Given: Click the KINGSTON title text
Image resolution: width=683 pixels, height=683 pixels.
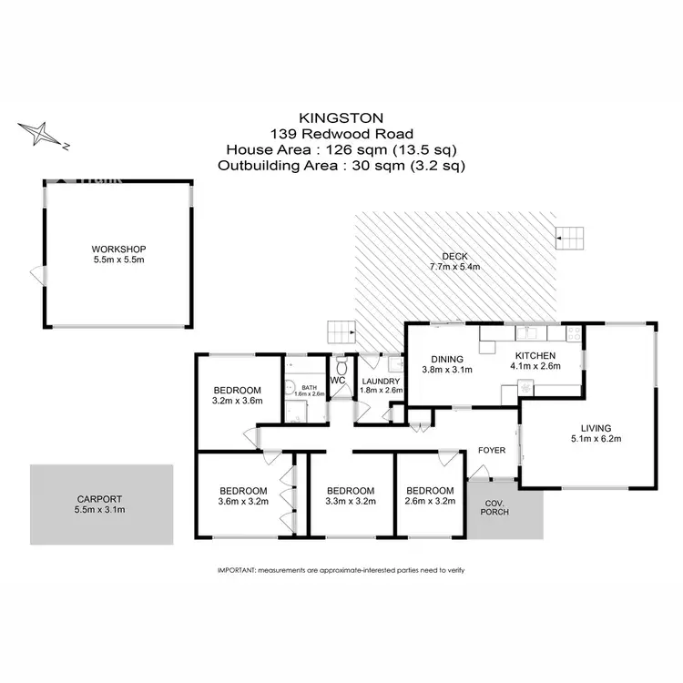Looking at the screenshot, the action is [341, 117].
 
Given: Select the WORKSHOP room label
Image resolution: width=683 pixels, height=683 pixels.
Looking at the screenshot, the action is [118, 249].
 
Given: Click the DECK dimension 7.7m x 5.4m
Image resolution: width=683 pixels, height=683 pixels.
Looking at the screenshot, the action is [454, 267].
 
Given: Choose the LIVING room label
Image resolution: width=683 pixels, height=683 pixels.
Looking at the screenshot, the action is [596, 428].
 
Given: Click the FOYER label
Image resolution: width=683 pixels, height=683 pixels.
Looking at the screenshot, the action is [493, 450].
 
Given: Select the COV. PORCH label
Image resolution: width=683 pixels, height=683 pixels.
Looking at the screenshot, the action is [497, 508].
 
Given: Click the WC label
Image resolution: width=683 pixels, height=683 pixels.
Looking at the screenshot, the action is [337, 380].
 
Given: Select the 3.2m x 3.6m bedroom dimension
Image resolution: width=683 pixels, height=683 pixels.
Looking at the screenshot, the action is [237, 400].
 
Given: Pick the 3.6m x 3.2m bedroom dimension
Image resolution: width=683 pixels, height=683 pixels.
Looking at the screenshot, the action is [243, 500].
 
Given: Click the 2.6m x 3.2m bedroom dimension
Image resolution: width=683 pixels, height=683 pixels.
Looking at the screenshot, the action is [429, 500].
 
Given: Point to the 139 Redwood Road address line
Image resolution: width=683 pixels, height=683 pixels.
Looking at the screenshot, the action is [341, 133].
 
